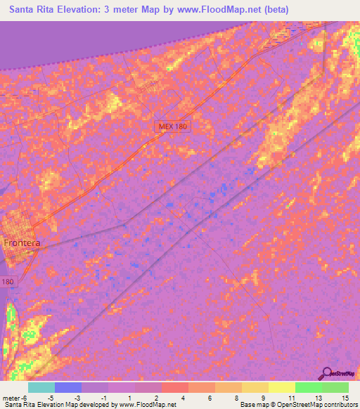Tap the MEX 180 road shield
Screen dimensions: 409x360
(173, 125)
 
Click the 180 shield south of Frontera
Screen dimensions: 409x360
(6, 281)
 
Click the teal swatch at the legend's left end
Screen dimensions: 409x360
(41, 387)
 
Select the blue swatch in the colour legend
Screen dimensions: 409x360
(68, 387)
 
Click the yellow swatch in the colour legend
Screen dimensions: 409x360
(282, 387)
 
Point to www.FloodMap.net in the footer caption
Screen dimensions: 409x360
(147, 405)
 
